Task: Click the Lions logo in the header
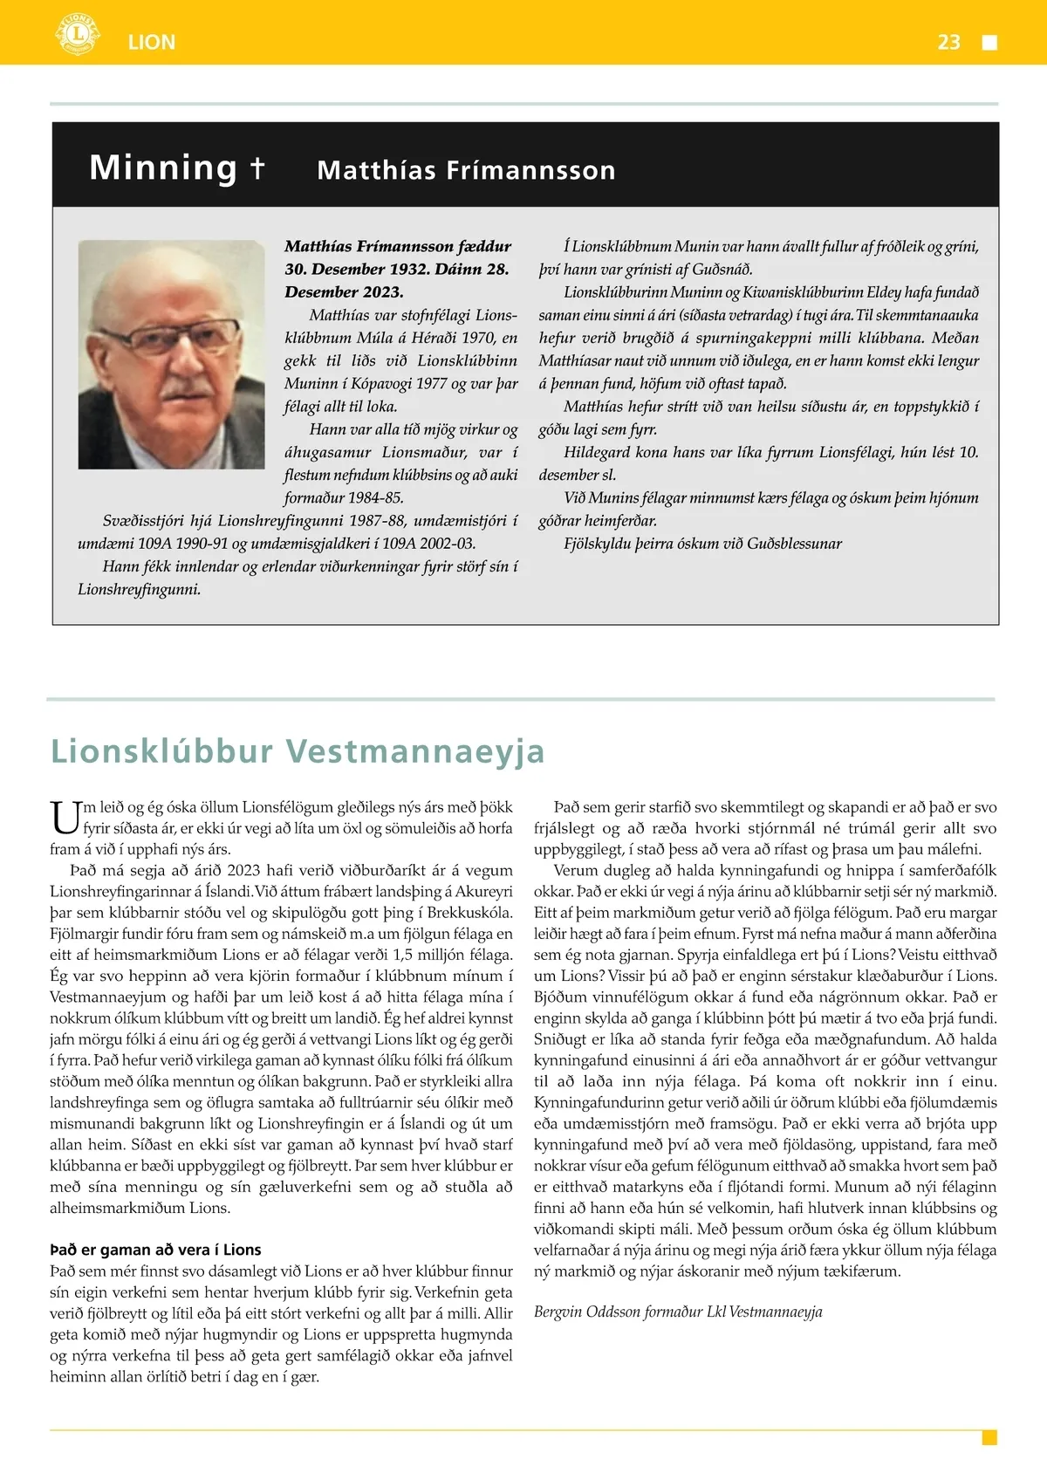click(x=78, y=35)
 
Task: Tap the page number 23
click(x=948, y=42)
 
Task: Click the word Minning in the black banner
click(x=163, y=168)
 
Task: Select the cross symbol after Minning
click(x=257, y=167)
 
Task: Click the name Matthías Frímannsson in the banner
click(x=466, y=170)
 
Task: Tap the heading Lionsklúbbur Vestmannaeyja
click(x=298, y=750)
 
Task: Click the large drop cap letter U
click(x=65, y=819)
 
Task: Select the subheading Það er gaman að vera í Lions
click(x=155, y=1250)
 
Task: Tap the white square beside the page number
click(x=989, y=43)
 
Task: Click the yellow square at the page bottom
click(x=989, y=1436)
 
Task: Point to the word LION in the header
click(x=152, y=42)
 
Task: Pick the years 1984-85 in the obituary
click(x=375, y=497)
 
